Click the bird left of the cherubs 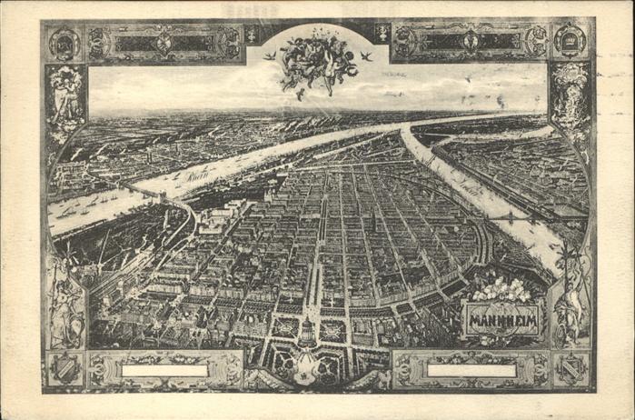(x=269, y=56)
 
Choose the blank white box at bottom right (x=471, y=371)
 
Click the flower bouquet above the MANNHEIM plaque (x=501, y=290)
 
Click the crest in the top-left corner (x=64, y=43)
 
